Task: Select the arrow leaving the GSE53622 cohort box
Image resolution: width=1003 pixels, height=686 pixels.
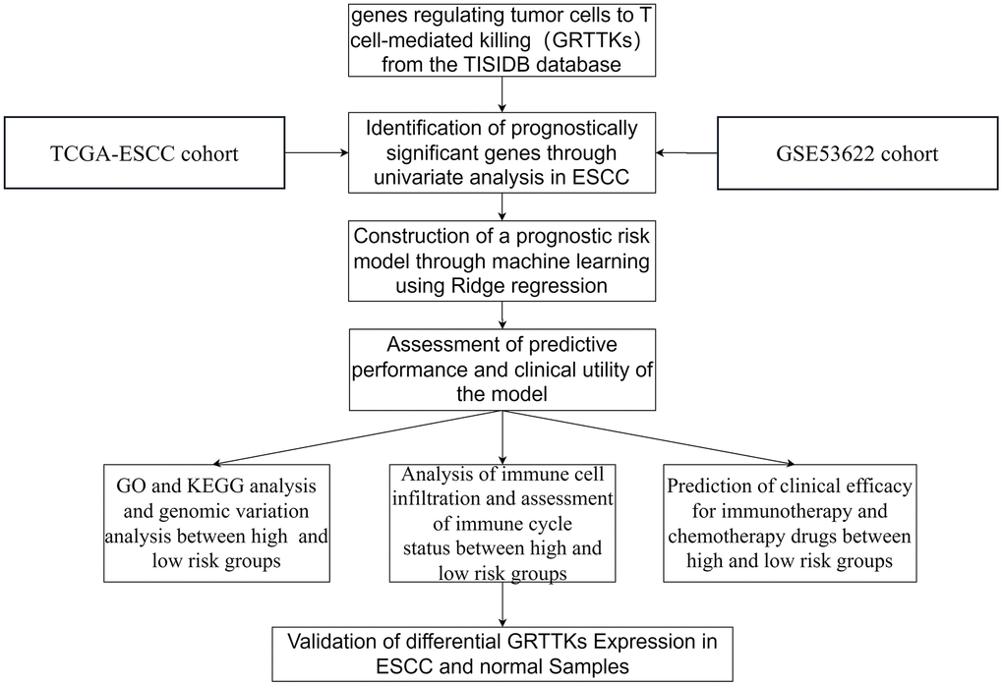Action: click(688, 152)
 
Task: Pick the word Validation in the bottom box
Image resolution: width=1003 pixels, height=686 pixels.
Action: click(332, 642)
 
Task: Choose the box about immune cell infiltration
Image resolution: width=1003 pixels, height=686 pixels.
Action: click(503, 521)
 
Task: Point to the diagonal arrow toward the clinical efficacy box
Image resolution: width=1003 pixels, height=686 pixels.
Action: click(649, 434)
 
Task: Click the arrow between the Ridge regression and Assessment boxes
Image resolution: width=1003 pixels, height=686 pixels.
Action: click(503, 314)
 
